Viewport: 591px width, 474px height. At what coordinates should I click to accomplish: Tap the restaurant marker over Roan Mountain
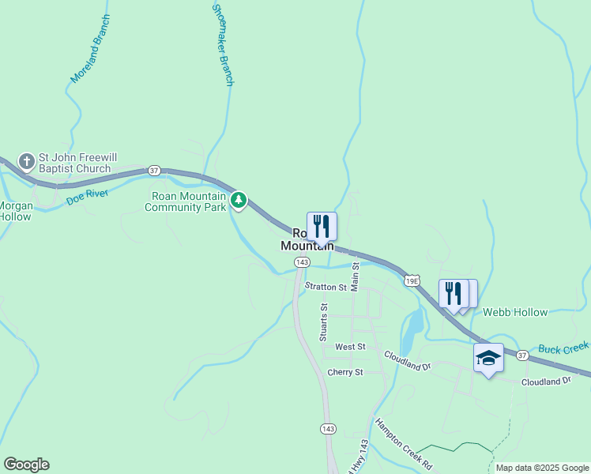click(x=322, y=226)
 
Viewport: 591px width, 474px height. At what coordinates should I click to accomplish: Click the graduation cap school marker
click(x=488, y=358)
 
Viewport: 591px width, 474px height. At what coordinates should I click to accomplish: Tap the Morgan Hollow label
click(x=14, y=212)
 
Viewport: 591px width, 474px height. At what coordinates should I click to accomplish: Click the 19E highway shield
click(x=411, y=280)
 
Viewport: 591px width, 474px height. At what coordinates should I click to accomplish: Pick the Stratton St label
click(x=326, y=288)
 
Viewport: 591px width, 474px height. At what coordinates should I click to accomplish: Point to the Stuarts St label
click(x=323, y=322)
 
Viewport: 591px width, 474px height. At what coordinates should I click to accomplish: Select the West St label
click(x=350, y=347)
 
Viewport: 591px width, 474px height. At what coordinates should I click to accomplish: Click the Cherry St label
click(x=344, y=372)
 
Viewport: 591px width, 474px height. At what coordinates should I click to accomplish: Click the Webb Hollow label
click(x=515, y=312)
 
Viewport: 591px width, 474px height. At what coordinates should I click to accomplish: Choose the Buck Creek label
click(x=564, y=348)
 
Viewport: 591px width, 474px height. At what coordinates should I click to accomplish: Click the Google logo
click(x=26, y=465)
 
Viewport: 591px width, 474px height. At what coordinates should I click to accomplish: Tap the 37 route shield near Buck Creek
click(x=522, y=355)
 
